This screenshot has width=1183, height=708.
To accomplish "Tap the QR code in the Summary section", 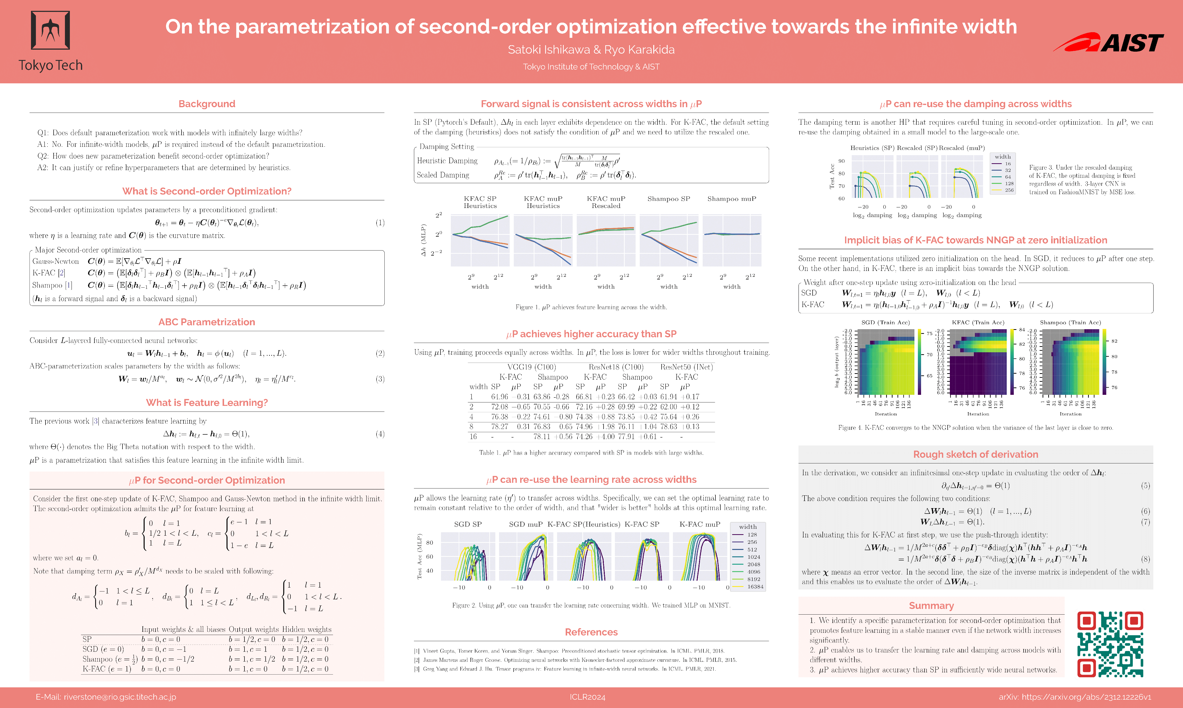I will pos(1110,644).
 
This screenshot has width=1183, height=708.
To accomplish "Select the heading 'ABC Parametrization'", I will pos(207,322).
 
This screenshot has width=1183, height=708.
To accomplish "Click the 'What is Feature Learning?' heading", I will pos(207,403).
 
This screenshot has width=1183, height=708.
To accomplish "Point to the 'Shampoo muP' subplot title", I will pos(731,199).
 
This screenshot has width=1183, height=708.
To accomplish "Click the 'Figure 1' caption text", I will pos(591,307).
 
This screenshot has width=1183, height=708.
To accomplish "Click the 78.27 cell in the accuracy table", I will pos(500,427).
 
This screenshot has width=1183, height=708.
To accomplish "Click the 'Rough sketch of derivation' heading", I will pos(975,454).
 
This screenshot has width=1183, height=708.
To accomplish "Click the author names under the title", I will pos(591,50).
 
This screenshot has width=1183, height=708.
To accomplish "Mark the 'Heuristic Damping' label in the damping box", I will pos(447,161).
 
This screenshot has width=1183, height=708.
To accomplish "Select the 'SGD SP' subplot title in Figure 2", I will pos(468,524).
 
